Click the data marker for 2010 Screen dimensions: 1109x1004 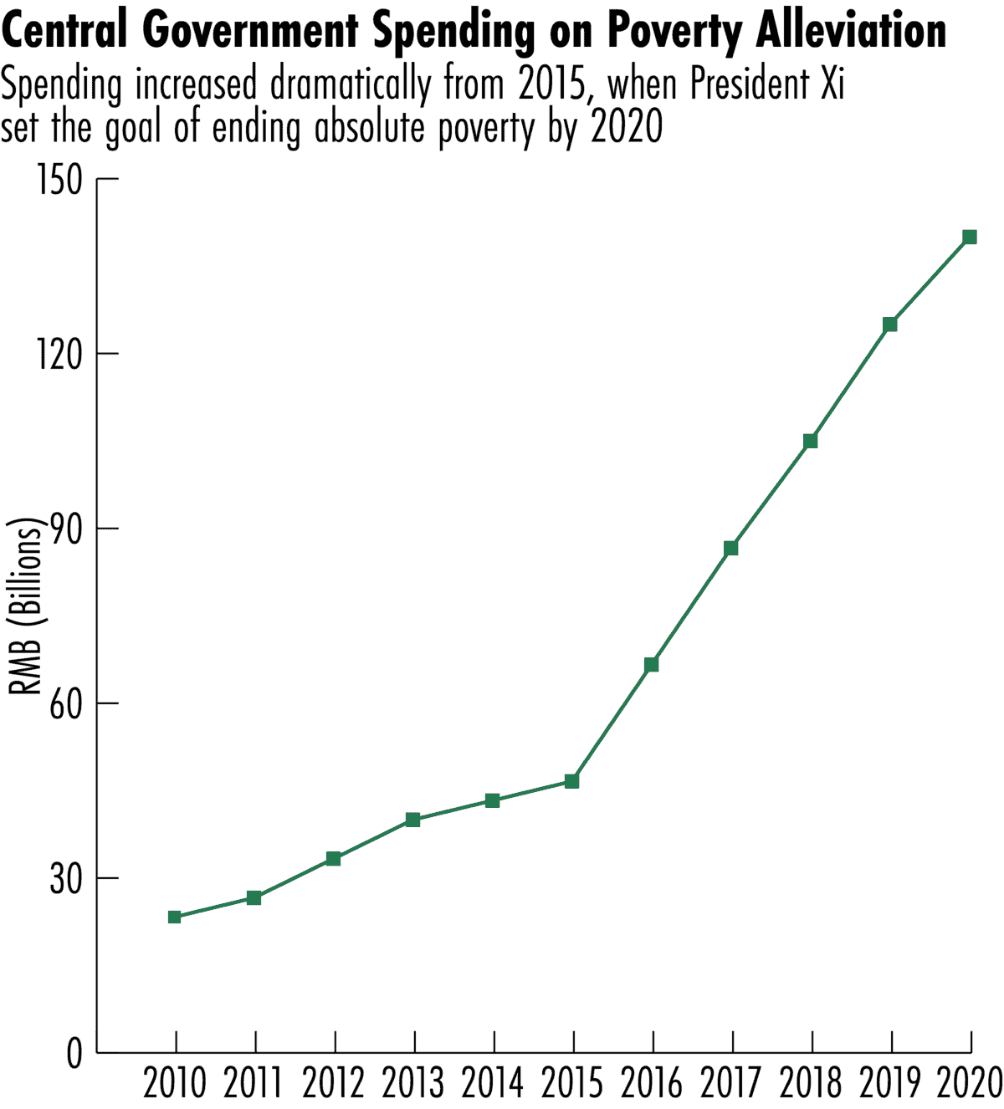pyautogui.click(x=174, y=917)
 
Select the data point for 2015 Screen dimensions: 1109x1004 pyautogui.click(x=571, y=781)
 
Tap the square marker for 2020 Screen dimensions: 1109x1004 pyautogui.click(x=970, y=237)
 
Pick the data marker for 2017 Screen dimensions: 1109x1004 pyautogui.click(x=730, y=549)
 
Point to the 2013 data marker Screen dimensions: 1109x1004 pyautogui.click(x=412, y=820)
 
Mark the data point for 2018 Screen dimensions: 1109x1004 pyautogui.click(x=810, y=441)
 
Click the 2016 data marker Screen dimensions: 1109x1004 pyautogui.click(x=651, y=665)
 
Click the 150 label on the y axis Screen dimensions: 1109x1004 pyautogui.click(x=60, y=180)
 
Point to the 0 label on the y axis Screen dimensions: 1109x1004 pyautogui.click(x=75, y=1054)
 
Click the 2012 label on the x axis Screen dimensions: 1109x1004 pyautogui.click(x=333, y=1084)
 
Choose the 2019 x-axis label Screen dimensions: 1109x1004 pyautogui.click(x=890, y=1084)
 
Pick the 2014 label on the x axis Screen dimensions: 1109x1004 pyautogui.click(x=492, y=1084)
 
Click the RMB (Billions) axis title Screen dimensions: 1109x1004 pyautogui.click(x=25, y=607)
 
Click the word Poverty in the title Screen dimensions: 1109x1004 pyautogui.click(x=674, y=32)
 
